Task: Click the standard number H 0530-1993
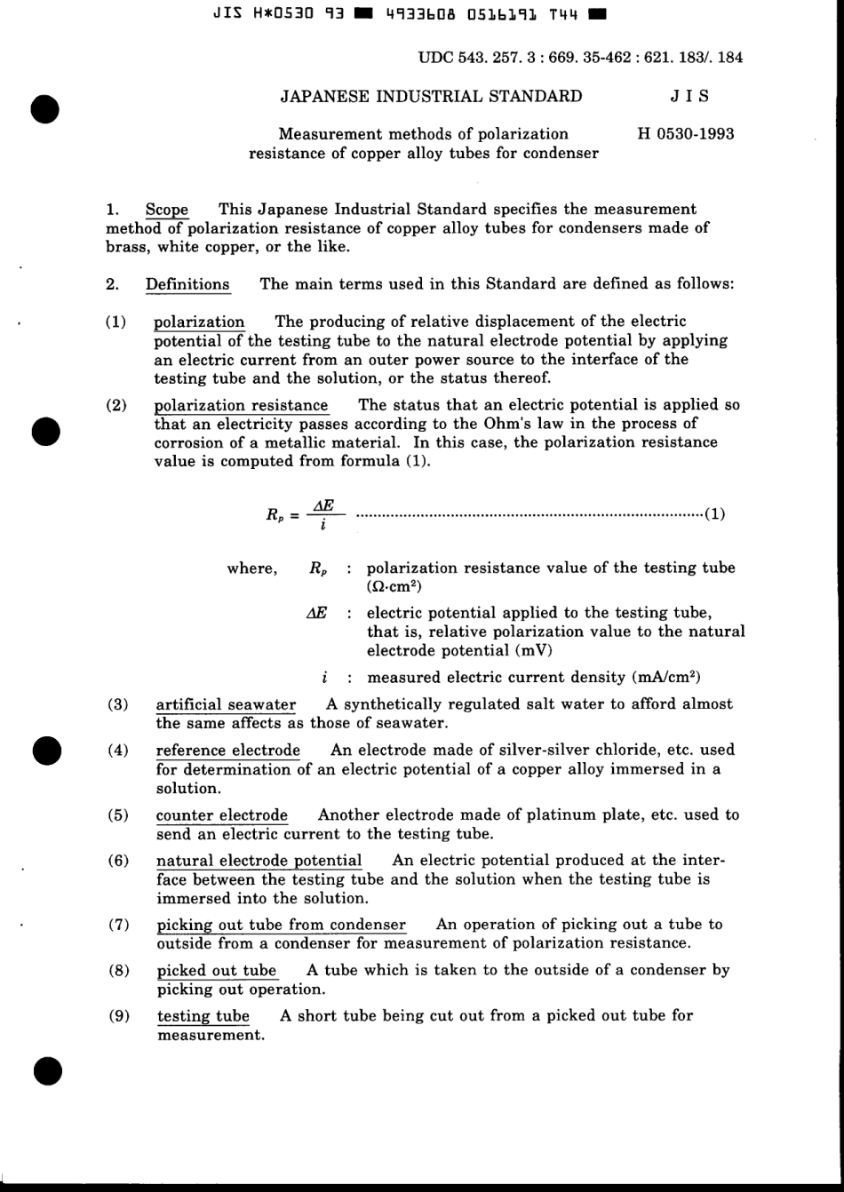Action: (686, 134)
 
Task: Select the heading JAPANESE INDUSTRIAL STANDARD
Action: (432, 96)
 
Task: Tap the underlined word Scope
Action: (167, 210)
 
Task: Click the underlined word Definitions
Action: (187, 284)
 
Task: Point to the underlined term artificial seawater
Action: (226, 704)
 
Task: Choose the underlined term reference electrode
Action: (227, 751)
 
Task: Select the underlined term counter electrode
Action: (221, 815)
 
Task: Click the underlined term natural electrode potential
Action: (259, 861)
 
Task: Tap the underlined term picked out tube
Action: (217, 970)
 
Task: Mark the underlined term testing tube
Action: (203, 1016)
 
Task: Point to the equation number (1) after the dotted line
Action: (714, 513)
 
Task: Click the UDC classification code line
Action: (579, 58)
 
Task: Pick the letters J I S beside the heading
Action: (690, 96)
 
